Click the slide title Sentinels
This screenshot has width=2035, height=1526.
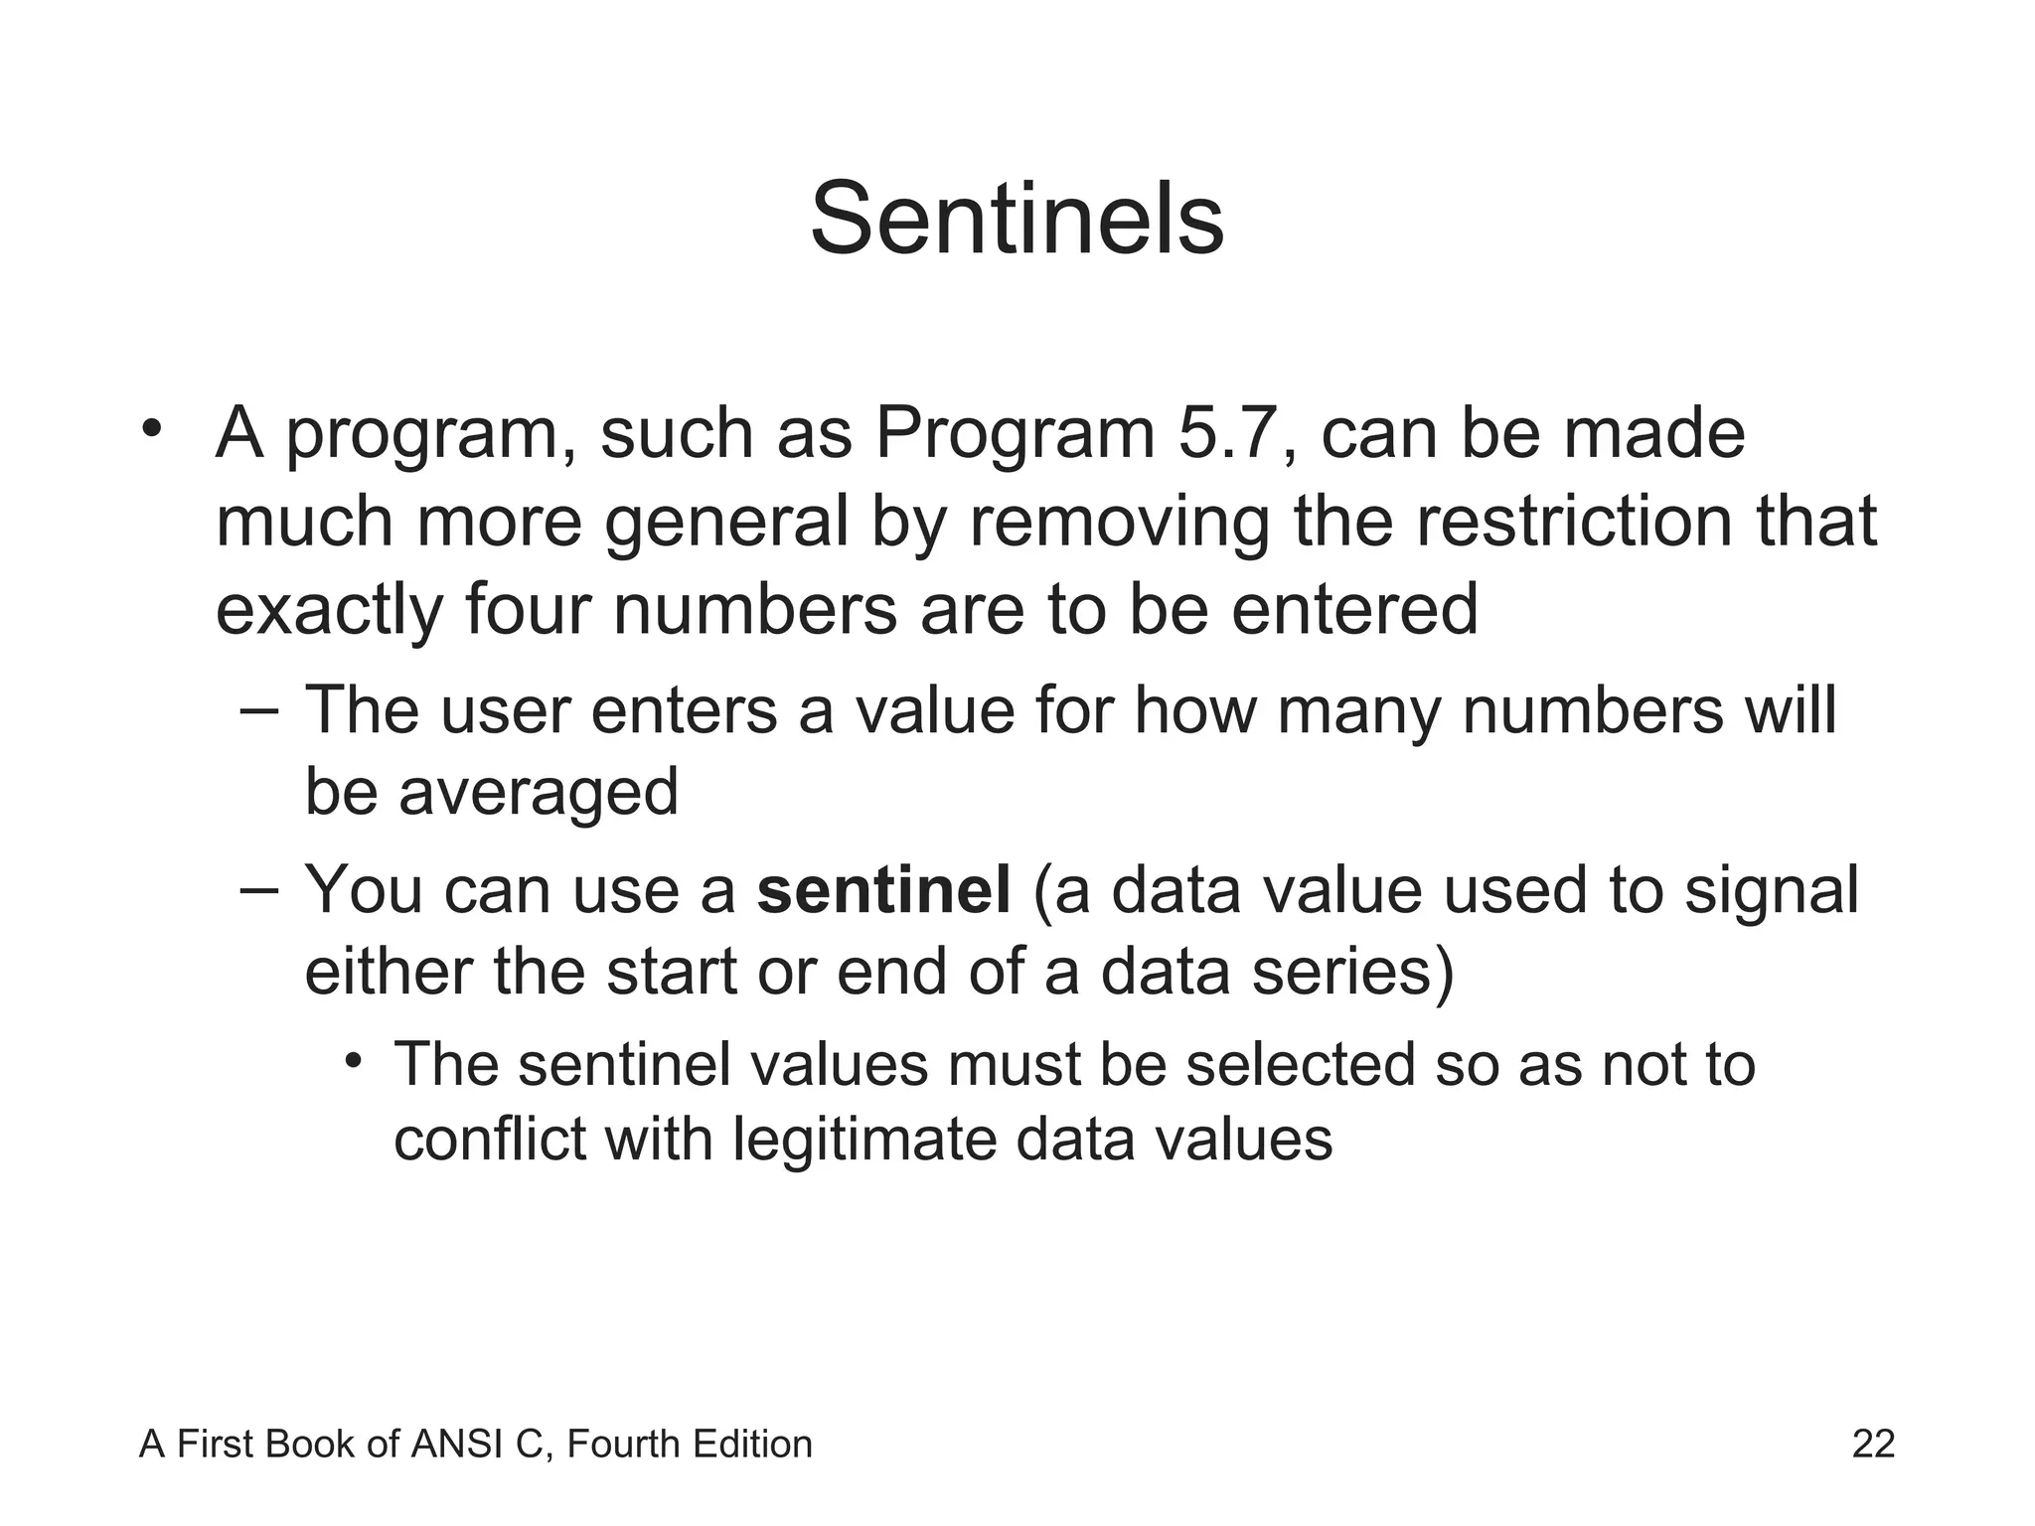[1017, 220]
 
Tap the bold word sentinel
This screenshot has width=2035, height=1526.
[883, 889]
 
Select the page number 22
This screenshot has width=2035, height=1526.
[1873, 1444]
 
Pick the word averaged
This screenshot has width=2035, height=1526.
[539, 792]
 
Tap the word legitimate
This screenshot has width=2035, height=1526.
[863, 1139]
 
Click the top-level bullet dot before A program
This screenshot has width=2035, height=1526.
[151, 429]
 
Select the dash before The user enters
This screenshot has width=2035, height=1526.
[259, 707]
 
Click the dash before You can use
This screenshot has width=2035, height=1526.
[259, 886]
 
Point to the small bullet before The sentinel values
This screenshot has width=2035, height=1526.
[353, 1062]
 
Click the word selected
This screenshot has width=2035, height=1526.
[1300, 1065]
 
